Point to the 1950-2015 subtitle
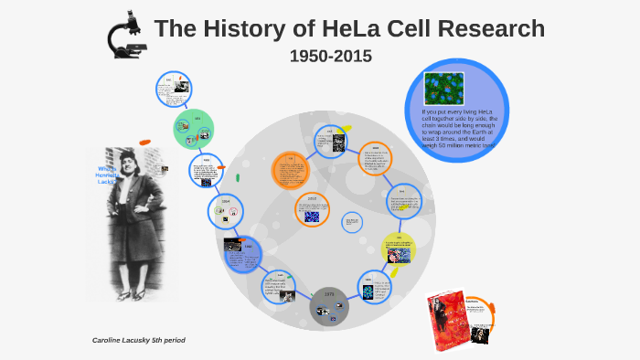click(x=330, y=56)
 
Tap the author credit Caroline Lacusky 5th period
click(x=139, y=340)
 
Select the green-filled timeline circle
click(x=195, y=129)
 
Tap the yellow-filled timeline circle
click(x=399, y=248)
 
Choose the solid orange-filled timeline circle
click(x=292, y=171)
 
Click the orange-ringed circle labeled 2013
click(x=313, y=208)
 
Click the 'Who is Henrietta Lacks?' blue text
click(x=108, y=175)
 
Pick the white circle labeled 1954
click(x=226, y=212)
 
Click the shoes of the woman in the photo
click(x=129, y=294)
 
